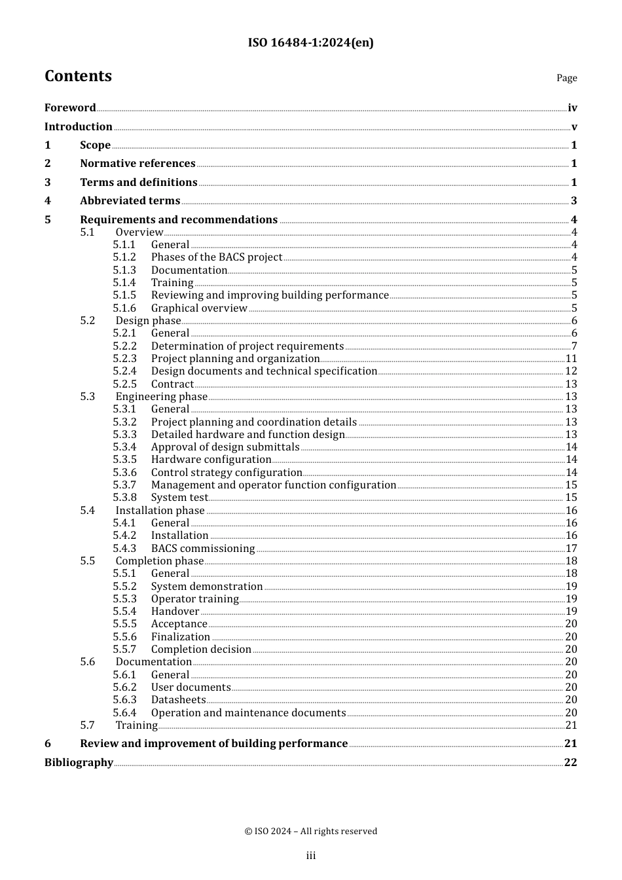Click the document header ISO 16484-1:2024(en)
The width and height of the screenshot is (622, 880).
click(x=310, y=43)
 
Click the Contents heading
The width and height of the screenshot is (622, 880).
click(x=78, y=77)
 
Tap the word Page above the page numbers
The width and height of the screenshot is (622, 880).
click(x=566, y=78)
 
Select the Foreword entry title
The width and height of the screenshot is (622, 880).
click(x=70, y=108)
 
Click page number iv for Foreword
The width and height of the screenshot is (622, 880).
click(x=572, y=108)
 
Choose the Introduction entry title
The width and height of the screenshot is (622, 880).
click(x=79, y=127)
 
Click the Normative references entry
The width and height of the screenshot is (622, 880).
click(x=137, y=164)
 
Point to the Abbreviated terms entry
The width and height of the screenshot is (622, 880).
click(x=130, y=201)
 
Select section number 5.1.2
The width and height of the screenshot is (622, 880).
click(x=124, y=257)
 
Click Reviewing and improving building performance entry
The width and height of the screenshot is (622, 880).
click(x=270, y=295)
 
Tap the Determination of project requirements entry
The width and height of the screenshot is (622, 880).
click(x=247, y=346)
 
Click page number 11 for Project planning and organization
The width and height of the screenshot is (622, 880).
click(x=571, y=359)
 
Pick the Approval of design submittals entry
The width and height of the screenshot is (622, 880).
click(x=225, y=447)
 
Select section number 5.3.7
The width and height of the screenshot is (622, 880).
click(x=124, y=485)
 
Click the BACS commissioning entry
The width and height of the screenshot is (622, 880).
click(x=203, y=549)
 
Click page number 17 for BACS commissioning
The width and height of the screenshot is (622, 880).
click(x=571, y=549)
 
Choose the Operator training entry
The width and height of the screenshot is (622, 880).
click(x=194, y=599)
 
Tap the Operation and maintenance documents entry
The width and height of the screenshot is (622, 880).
click(x=248, y=713)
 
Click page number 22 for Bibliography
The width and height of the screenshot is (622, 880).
click(x=570, y=762)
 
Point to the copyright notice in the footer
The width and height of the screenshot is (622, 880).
click(x=310, y=832)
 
